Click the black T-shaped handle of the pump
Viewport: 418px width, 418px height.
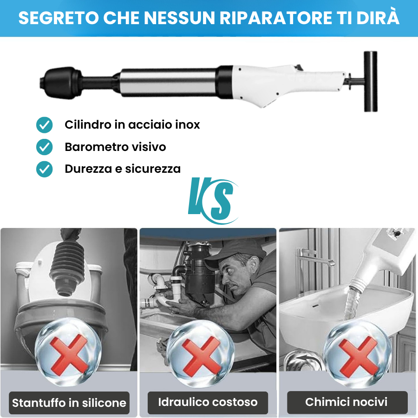click(x=370, y=82)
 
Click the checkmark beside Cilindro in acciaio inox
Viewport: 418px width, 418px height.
click(x=45, y=124)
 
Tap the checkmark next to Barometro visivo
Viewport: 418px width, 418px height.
click(x=45, y=147)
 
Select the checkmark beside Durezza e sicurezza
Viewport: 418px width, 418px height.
click(x=45, y=169)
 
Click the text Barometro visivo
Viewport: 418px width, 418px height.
click(x=115, y=147)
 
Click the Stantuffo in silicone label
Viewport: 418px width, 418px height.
click(x=69, y=403)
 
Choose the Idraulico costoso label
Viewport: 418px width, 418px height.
click(x=208, y=402)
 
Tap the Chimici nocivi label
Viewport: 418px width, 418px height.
click(x=346, y=402)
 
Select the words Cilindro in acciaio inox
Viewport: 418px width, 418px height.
click(x=132, y=124)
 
